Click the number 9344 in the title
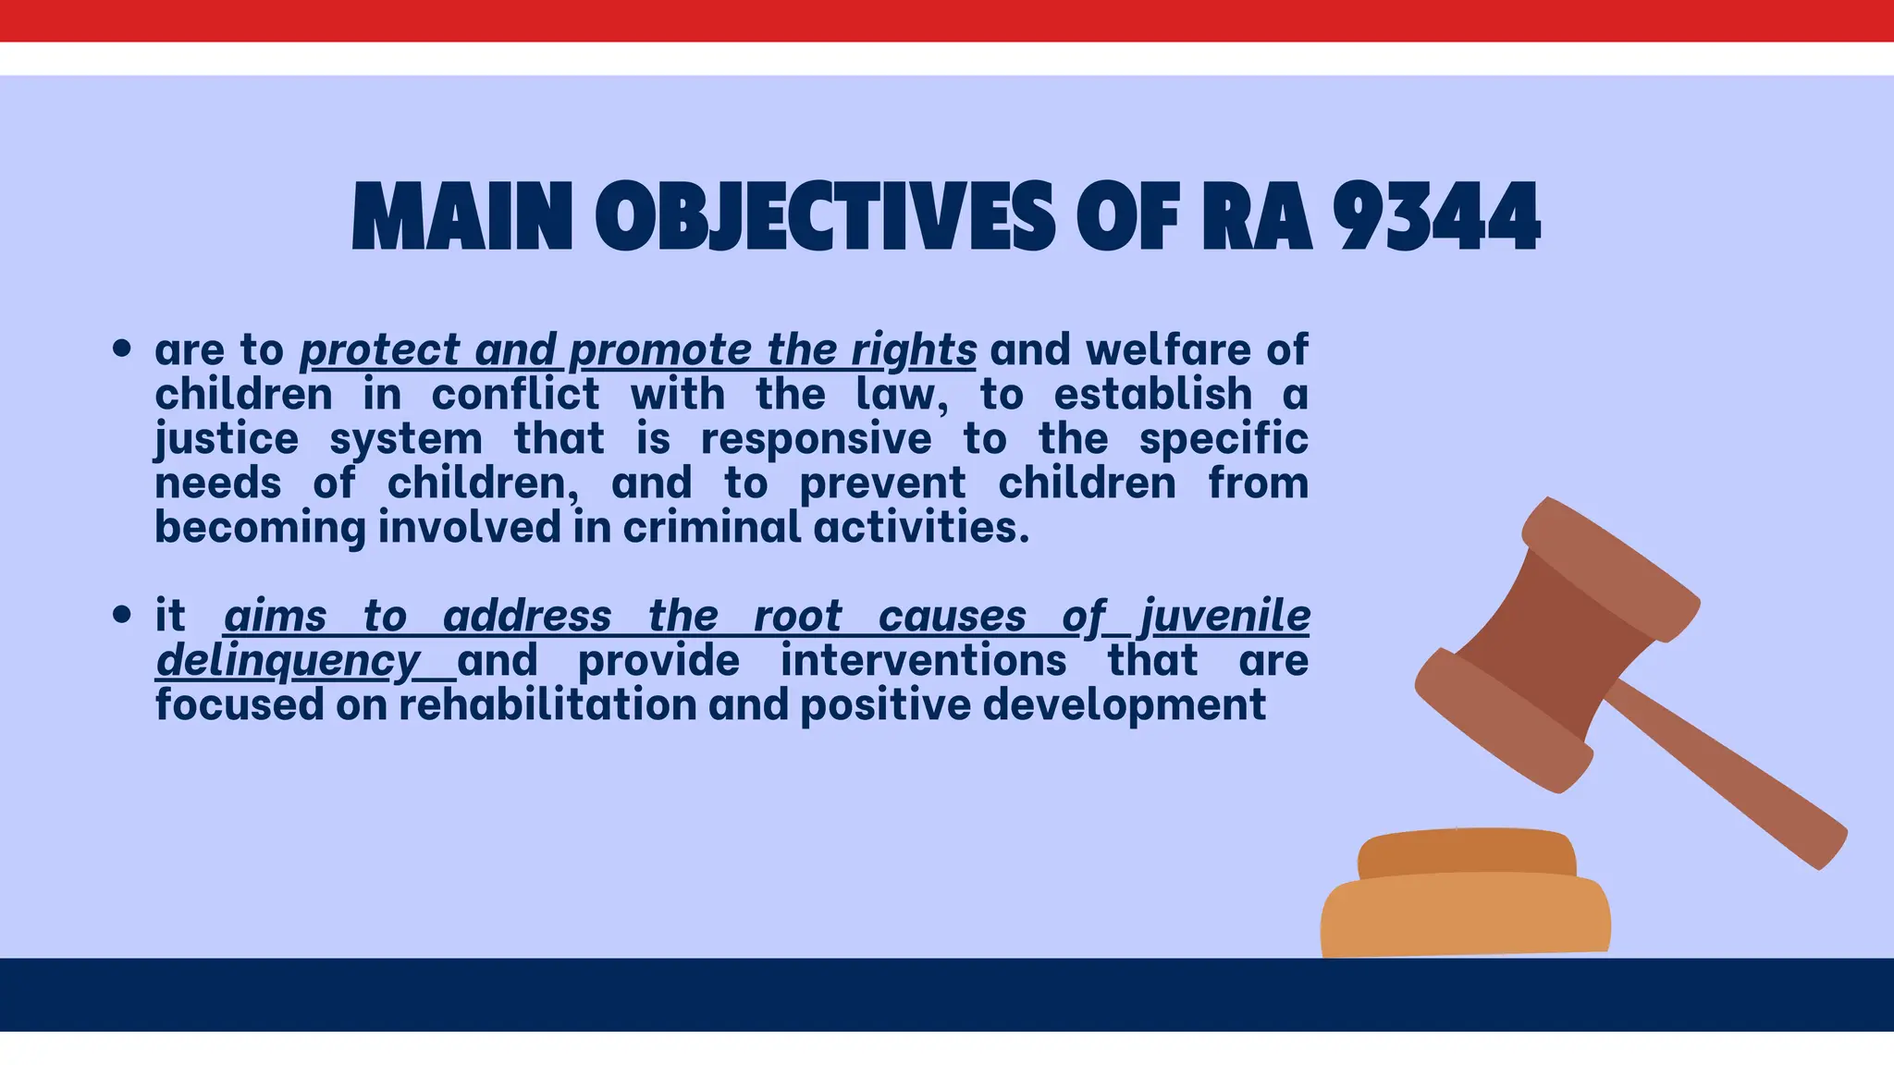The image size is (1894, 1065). click(x=1435, y=218)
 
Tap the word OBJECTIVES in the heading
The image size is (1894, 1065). click(x=825, y=218)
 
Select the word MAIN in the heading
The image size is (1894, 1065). click(x=462, y=218)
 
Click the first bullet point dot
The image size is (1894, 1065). click(x=121, y=349)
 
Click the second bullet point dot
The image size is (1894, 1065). click(x=121, y=615)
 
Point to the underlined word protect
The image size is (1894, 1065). click(x=380, y=350)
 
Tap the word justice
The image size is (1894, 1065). click(x=227, y=439)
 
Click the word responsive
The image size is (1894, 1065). click(x=816, y=439)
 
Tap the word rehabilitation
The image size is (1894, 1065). click(x=547, y=705)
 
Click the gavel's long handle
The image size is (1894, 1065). click(x=1729, y=777)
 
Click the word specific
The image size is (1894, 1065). click(x=1224, y=439)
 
